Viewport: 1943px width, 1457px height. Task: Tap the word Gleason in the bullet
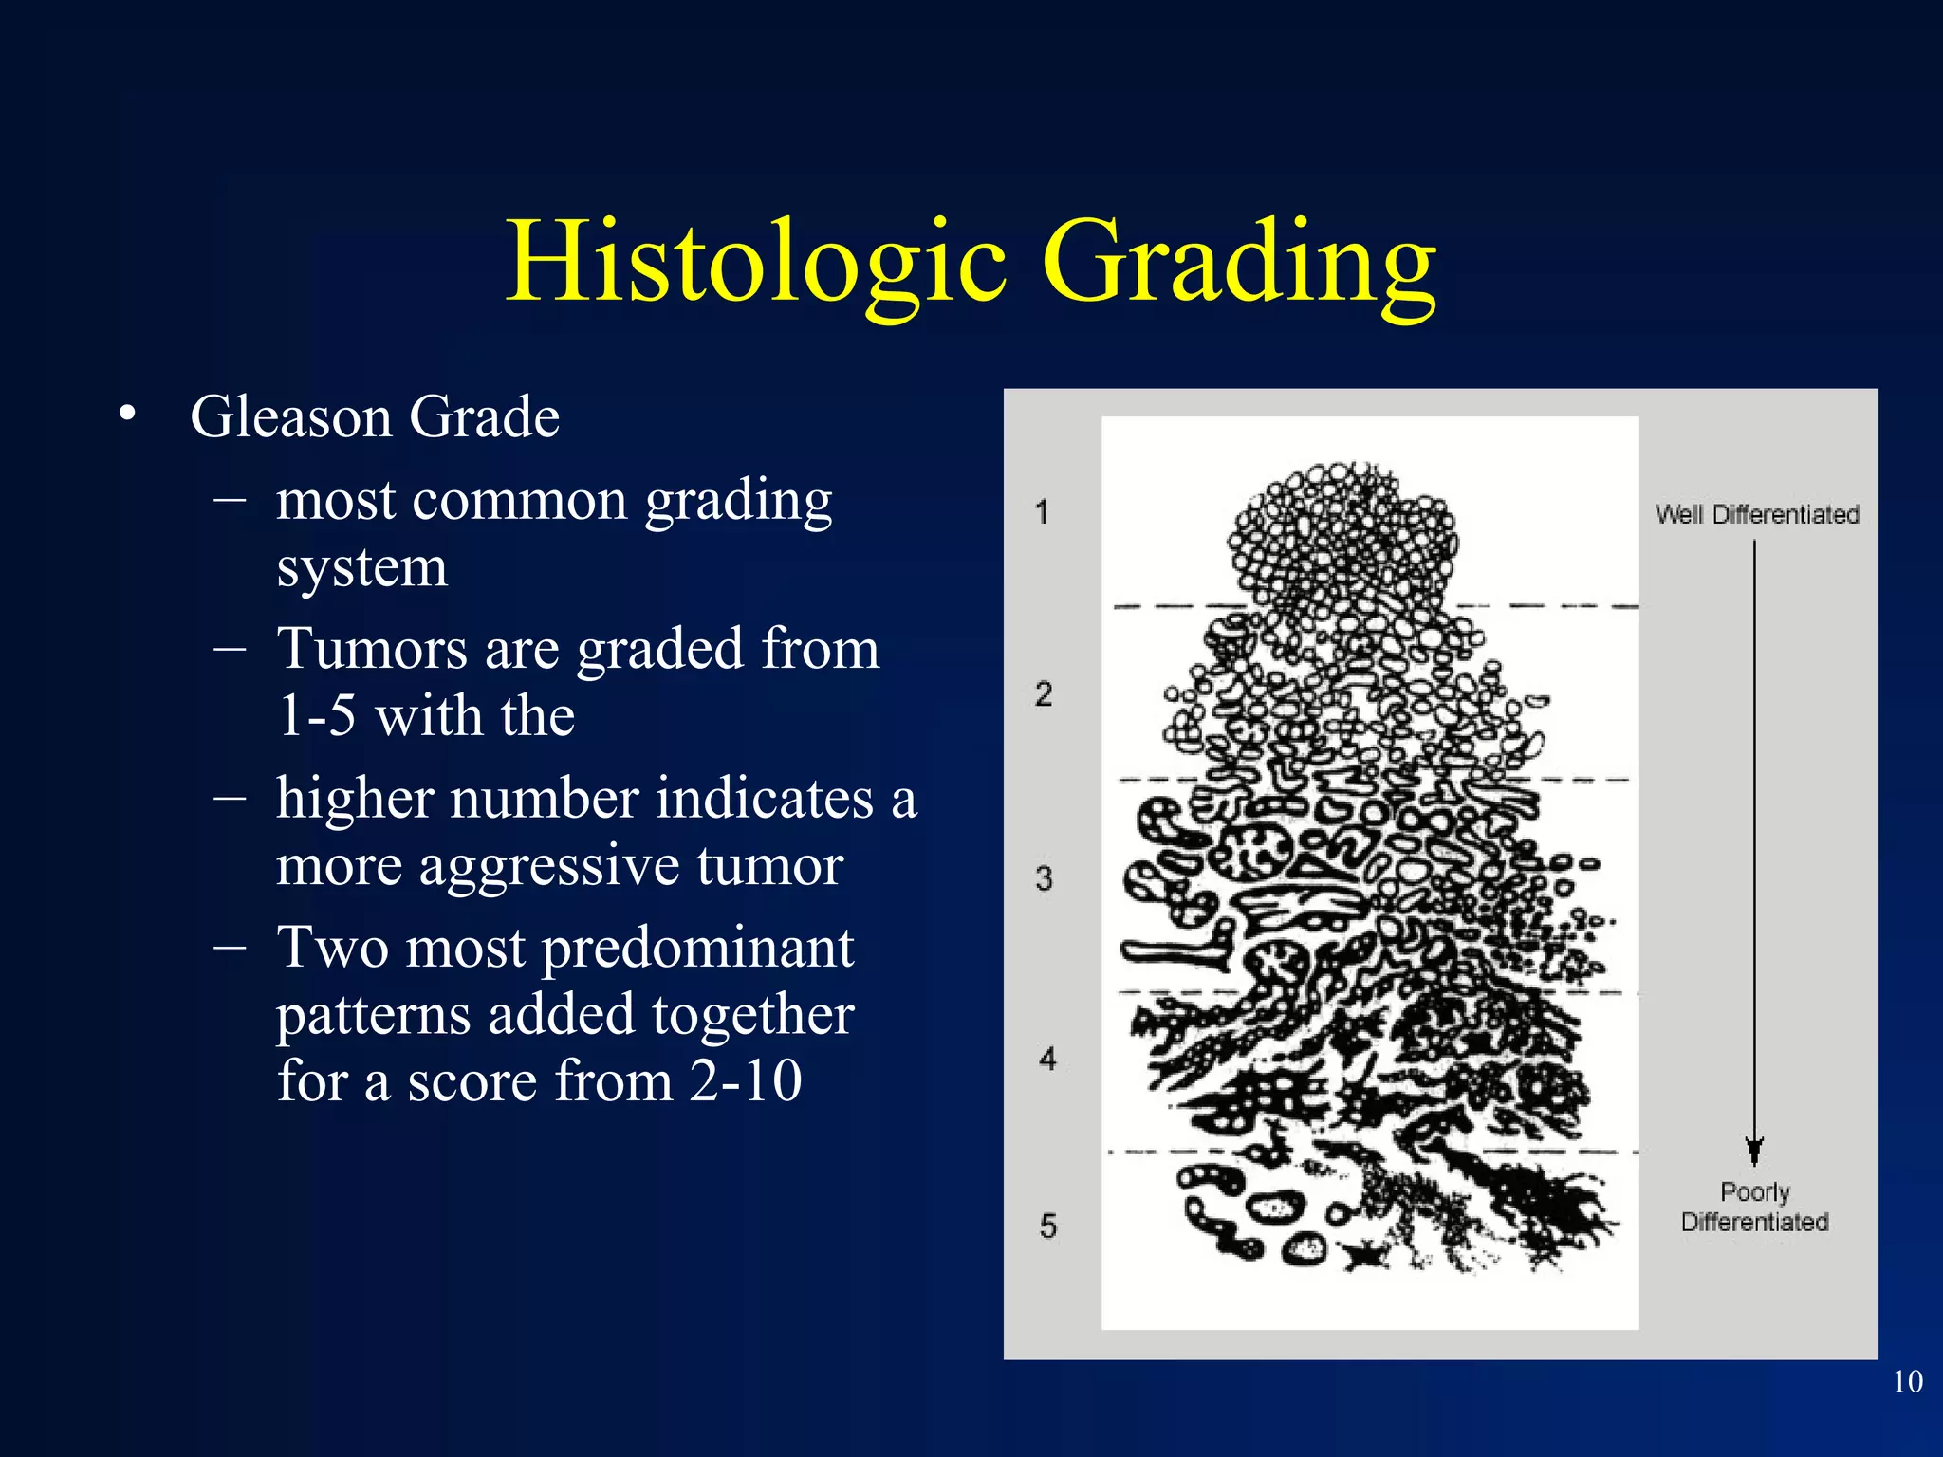point(290,417)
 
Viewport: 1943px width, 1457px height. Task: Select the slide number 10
point(1907,1382)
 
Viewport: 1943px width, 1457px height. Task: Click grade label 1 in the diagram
point(1042,512)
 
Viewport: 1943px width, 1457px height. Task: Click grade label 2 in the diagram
point(1044,694)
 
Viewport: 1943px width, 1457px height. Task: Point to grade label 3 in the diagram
point(1045,878)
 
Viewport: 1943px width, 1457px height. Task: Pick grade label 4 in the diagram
point(1047,1059)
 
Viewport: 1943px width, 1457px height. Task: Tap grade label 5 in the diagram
point(1047,1226)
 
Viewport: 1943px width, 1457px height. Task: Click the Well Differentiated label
point(1757,515)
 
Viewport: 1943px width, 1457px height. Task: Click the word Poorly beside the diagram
point(1755,1192)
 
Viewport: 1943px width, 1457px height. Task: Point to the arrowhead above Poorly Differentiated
point(1754,1150)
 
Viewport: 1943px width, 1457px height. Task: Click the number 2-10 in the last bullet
point(746,1081)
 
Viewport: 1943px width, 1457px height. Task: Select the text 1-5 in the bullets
point(317,716)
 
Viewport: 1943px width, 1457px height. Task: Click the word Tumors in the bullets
point(372,650)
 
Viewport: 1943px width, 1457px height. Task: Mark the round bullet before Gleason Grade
point(128,415)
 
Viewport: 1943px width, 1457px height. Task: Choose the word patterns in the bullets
point(373,1015)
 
